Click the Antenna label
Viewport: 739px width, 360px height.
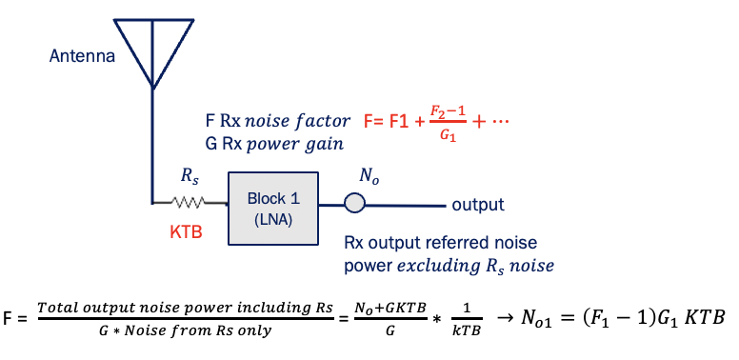pos(82,56)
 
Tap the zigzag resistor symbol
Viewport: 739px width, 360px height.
pos(190,203)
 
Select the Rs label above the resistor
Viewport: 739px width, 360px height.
pos(190,177)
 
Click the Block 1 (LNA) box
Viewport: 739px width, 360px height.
pos(272,207)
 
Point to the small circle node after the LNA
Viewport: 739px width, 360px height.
pos(353,203)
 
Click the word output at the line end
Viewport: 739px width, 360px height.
pos(477,205)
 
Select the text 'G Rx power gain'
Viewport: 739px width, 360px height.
pos(273,144)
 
